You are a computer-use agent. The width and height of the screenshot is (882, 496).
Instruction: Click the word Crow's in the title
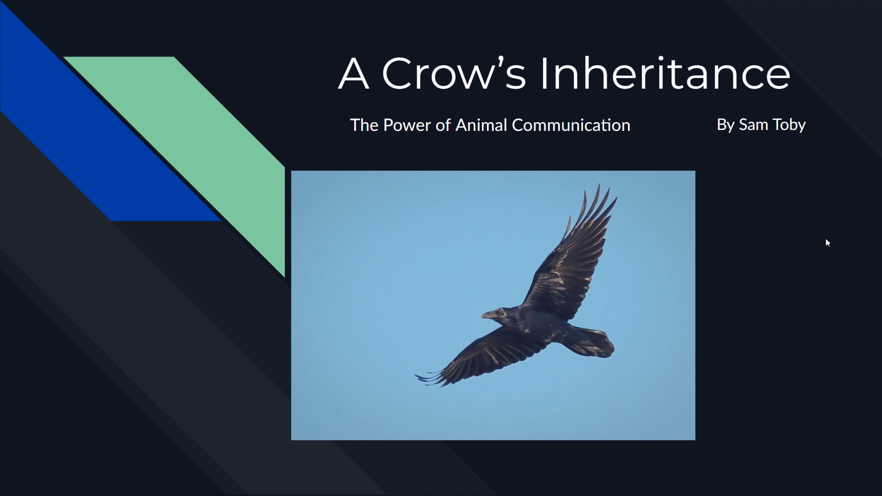coord(453,73)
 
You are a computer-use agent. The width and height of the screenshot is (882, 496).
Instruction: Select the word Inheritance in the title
coord(664,73)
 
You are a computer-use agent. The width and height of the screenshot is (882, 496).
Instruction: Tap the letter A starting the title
coord(354,73)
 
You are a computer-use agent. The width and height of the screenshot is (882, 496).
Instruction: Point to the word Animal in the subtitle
coord(481,125)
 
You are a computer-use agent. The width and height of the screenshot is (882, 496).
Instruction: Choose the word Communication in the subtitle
coord(571,125)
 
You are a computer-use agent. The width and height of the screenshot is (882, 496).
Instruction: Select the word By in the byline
coord(725,125)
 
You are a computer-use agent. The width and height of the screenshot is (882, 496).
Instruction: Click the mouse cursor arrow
coord(828,243)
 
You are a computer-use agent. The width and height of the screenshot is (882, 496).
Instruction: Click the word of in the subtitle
coord(443,125)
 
